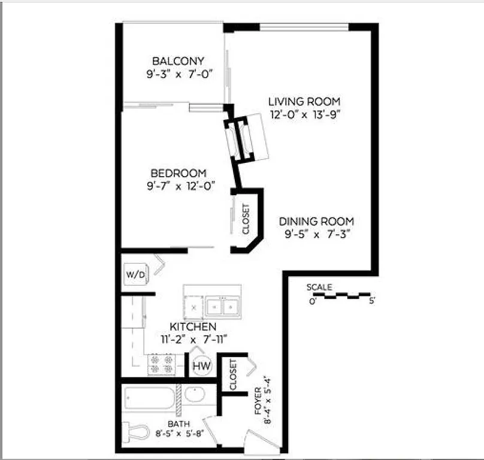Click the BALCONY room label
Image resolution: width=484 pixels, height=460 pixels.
[x=179, y=61]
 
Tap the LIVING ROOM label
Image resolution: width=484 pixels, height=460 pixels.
[x=304, y=101]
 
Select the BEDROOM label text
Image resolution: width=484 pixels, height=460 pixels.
[x=179, y=173]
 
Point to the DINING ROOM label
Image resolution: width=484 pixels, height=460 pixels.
[x=316, y=221]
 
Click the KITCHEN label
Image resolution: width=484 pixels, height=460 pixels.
[x=193, y=327]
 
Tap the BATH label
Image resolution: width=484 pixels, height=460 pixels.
[x=179, y=424]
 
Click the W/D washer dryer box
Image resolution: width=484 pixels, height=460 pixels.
[x=135, y=275]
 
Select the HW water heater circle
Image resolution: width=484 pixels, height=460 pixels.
[x=201, y=365]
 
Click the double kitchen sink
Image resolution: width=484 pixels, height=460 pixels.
[x=221, y=307]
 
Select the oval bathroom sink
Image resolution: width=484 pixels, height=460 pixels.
[x=194, y=394]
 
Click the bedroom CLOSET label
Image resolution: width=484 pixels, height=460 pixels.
[x=246, y=219]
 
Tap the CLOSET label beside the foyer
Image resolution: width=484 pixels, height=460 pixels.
[x=233, y=375]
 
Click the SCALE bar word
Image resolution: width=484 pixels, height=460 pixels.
[x=319, y=287]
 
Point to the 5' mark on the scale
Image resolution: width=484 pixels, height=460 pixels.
[x=372, y=301]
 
